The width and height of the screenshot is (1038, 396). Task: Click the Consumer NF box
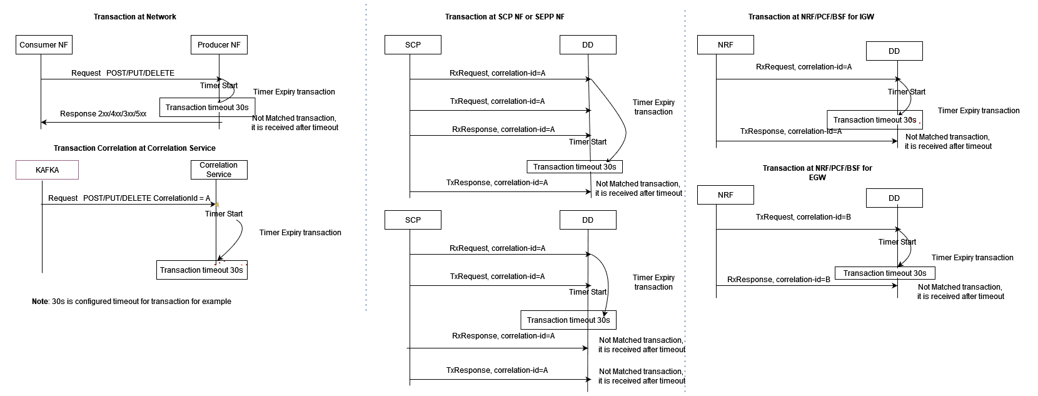click(44, 45)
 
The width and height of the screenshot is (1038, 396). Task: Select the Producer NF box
click(219, 45)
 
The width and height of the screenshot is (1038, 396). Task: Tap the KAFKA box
click(48, 170)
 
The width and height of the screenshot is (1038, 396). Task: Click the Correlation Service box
click(219, 170)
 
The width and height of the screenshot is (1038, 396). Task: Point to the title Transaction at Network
click(135, 17)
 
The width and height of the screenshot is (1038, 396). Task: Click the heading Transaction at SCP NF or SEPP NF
click(505, 17)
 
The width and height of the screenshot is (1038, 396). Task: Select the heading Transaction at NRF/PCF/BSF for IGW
click(811, 17)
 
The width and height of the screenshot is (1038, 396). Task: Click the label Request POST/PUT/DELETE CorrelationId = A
click(129, 198)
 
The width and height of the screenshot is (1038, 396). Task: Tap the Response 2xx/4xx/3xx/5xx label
click(103, 114)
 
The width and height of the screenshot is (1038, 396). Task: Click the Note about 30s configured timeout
click(131, 302)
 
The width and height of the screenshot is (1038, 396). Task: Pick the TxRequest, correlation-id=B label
click(803, 217)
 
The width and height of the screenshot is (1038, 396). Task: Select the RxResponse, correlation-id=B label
click(778, 280)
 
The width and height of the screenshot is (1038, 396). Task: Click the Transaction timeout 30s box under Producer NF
click(207, 107)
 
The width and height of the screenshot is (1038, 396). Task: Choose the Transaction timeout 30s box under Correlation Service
click(201, 270)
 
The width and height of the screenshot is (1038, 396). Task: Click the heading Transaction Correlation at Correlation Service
click(134, 148)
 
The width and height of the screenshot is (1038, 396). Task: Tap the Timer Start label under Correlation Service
click(224, 214)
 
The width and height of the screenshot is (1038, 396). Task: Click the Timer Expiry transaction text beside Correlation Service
click(300, 233)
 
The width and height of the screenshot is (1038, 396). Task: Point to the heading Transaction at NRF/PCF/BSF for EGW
click(817, 173)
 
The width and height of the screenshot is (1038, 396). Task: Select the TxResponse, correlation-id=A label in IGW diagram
click(790, 131)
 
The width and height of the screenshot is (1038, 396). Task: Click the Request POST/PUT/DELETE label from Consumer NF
click(123, 73)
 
